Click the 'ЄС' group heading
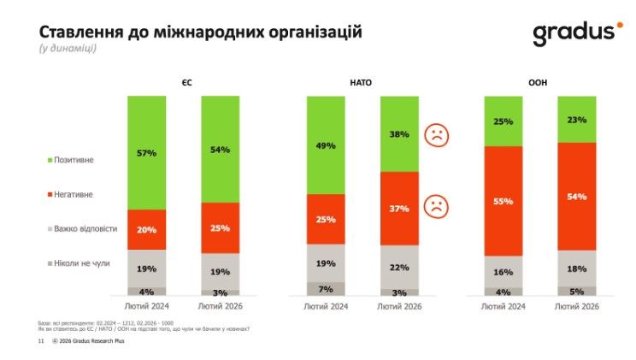tap(185, 82)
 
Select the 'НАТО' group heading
tap(362, 82)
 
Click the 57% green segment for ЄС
tap(147, 153)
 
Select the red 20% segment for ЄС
tap(147, 229)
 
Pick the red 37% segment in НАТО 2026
tap(398, 209)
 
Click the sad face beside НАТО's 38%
tap(436, 134)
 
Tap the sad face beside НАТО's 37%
tap(436, 206)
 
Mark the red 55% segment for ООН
tap(503, 201)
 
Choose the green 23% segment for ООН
tap(576, 120)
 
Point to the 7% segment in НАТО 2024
tap(326, 289)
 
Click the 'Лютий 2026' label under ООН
tap(576, 305)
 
